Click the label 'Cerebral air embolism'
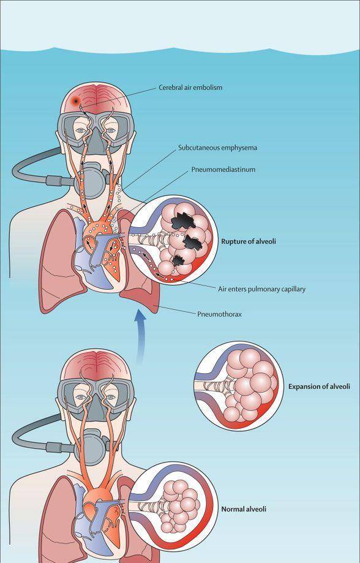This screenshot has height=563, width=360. [x=190, y=87]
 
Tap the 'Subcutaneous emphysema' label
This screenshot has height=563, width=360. [x=217, y=148]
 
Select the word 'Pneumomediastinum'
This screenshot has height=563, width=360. [x=223, y=170]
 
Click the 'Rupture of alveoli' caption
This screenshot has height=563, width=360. [x=249, y=241]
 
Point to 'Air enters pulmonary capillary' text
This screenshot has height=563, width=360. [x=261, y=289]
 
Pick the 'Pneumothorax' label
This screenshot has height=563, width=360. [x=219, y=314]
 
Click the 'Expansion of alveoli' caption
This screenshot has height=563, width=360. [x=319, y=387]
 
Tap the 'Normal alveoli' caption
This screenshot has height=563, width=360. [x=244, y=509]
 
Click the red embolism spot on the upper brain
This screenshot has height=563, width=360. [x=75, y=101]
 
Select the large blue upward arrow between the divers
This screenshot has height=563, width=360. [x=140, y=337]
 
